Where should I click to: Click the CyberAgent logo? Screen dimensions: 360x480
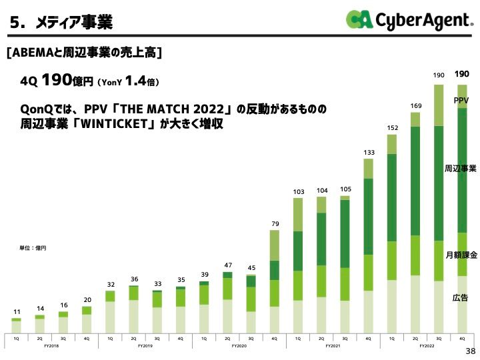pyautogui.click(x=408, y=20)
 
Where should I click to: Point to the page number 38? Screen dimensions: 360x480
pyautogui.click(x=469, y=351)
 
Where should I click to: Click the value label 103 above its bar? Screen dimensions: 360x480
pyautogui.click(x=298, y=192)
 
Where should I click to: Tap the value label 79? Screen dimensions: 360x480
pyautogui.click(x=275, y=223)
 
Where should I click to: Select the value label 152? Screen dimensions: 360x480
pyautogui.click(x=392, y=127)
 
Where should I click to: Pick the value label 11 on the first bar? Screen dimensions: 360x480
pyautogui.click(x=17, y=312)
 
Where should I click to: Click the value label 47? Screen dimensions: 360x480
pyautogui.click(x=227, y=265)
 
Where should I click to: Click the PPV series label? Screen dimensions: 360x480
pyautogui.click(x=461, y=100)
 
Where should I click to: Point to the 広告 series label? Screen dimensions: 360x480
pyautogui.click(x=461, y=297)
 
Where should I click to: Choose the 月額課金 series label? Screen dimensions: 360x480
pyautogui.click(x=461, y=255)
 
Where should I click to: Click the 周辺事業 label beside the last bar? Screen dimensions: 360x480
pyautogui.click(x=461, y=169)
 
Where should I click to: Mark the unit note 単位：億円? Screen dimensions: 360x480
pyautogui.click(x=33, y=248)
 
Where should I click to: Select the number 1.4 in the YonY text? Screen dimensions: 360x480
pyautogui.click(x=135, y=81)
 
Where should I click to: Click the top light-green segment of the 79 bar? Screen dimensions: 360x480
pyautogui.click(x=275, y=245)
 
